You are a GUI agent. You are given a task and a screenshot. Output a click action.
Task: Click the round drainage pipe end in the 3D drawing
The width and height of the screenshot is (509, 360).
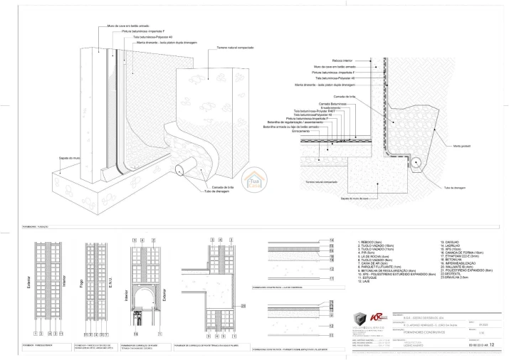point(180,170)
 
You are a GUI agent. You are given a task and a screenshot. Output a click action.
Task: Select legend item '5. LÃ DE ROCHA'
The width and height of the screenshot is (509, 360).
point(373,255)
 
